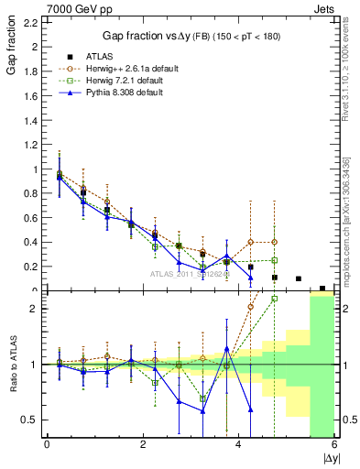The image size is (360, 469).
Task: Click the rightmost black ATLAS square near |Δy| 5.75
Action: tap(322, 289)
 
